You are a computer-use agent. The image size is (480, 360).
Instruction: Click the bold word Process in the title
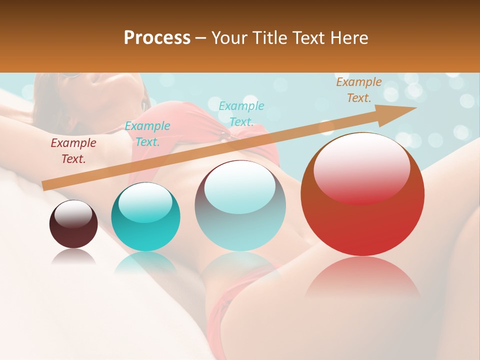pos(157,38)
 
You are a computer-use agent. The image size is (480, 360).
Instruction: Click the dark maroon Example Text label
pos(73,151)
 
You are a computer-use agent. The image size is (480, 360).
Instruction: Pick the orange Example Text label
pos(358,90)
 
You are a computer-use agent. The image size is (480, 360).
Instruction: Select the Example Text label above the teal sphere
pos(147,134)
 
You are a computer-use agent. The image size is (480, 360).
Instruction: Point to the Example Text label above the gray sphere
pos(241,113)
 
